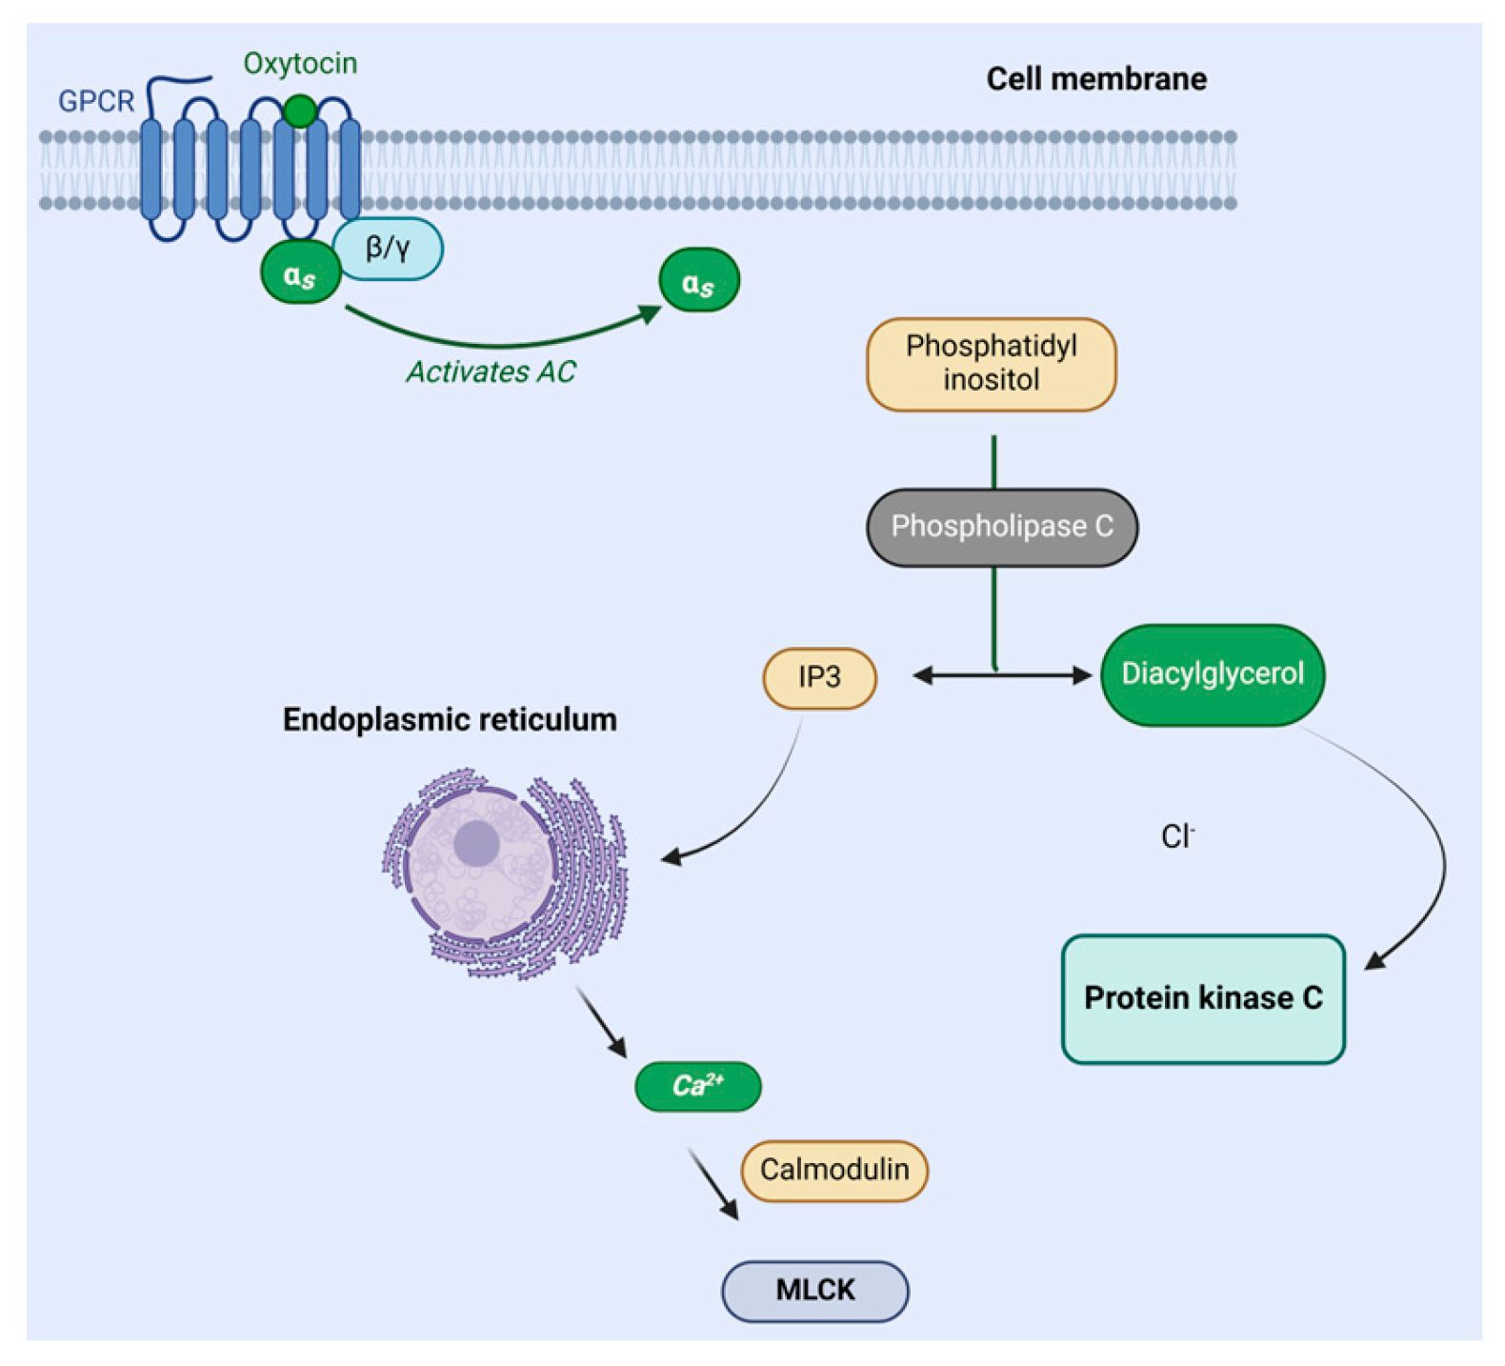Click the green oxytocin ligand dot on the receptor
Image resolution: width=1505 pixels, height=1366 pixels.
click(x=300, y=111)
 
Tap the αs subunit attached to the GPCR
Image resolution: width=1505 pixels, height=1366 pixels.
click(x=300, y=274)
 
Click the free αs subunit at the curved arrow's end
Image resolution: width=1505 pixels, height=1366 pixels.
click(x=698, y=281)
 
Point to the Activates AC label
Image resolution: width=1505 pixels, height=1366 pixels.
click(x=492, y=372)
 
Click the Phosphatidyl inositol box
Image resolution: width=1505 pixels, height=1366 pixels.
click(x=991, y=364)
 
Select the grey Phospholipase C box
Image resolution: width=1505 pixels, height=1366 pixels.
click(x=1001, y=527)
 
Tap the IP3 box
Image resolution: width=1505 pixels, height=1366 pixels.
click(x=819, y=677)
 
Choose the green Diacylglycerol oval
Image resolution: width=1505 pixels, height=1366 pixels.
click(x=1212, y=674)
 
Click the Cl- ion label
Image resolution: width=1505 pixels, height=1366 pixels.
click(x=1177, y=836)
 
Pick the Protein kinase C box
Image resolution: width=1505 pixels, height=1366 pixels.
click(x=1202, y=998)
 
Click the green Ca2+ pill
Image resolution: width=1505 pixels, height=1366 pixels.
click(x=697, y=1086)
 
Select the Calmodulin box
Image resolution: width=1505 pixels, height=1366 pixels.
click(x=834, y=1170)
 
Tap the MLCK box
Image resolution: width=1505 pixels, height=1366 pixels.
click(x=814, y=1291)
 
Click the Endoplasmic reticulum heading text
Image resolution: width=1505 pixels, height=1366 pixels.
click(x=450, y=719)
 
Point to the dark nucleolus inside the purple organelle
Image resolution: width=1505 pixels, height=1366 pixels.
click(x=476, y=843)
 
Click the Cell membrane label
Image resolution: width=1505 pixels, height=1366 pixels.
click(x=1095, y=79)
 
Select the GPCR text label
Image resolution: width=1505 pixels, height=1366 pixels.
click(x=96, y=101)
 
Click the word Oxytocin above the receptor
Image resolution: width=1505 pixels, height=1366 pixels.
click(x=300, y=64)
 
